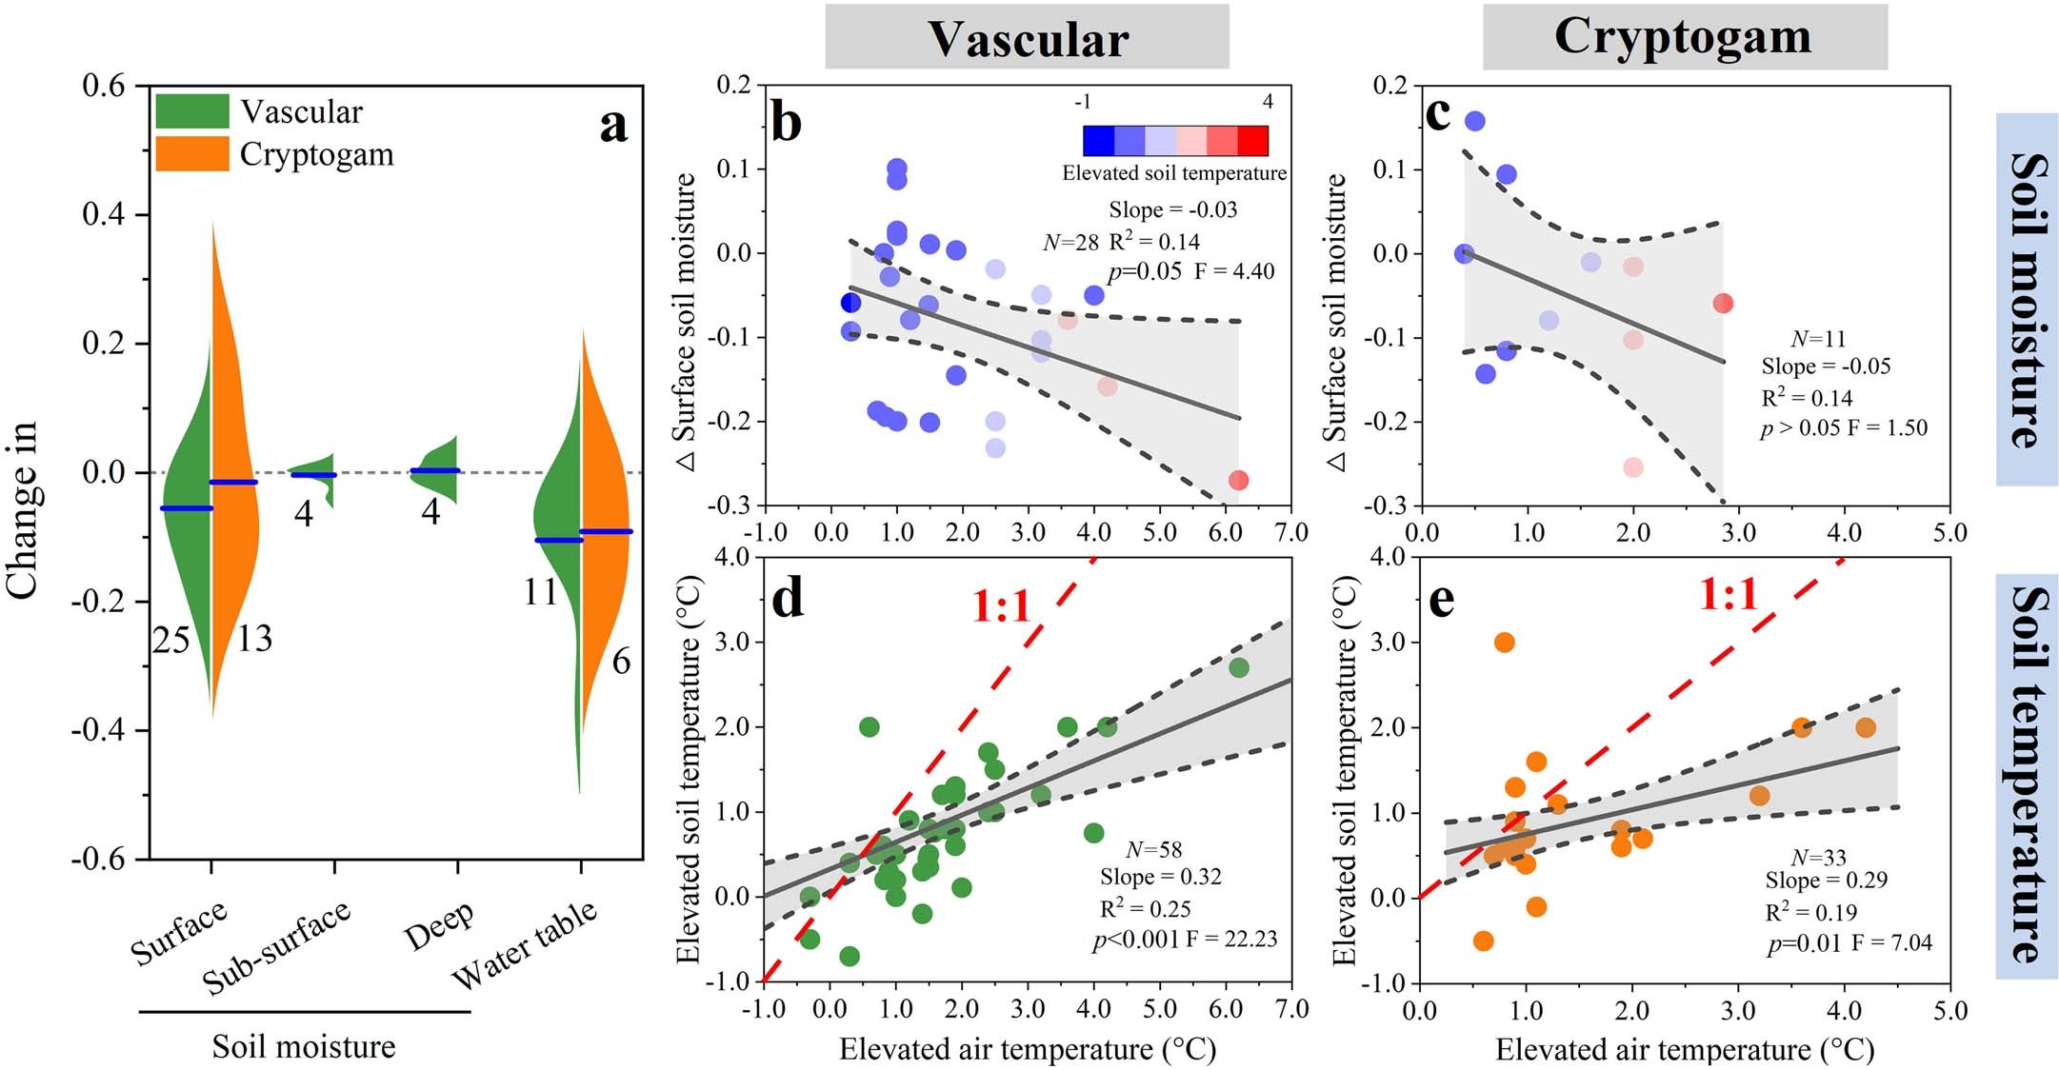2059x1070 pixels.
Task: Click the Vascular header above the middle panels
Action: point(1027,38)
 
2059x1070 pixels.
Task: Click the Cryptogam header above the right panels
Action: point(1683,36)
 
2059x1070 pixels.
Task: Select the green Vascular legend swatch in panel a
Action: point(192,111)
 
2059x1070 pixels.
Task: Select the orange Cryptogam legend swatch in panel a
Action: point(192,154)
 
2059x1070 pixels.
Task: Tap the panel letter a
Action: point(614,125)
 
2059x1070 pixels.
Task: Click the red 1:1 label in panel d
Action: point(1002,605)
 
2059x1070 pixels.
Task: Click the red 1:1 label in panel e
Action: point(1728,595)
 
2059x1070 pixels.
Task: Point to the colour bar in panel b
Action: point(1174,140)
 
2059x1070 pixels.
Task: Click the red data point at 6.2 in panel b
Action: point(1238,480)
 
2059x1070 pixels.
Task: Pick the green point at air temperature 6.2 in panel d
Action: point(1238,668)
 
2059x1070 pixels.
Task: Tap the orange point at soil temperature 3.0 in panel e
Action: point(1504,643)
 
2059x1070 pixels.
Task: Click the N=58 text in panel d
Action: point(1153,849)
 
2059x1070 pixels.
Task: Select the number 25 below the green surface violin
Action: point(171,641)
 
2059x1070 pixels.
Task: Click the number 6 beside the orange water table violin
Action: point(621,661)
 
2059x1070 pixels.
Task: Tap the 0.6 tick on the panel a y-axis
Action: point(104,86)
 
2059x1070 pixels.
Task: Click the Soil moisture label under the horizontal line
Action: point(304,1046)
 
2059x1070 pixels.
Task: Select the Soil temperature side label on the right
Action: point(2027,774)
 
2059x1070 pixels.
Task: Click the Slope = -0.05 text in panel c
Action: point(1826,367)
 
